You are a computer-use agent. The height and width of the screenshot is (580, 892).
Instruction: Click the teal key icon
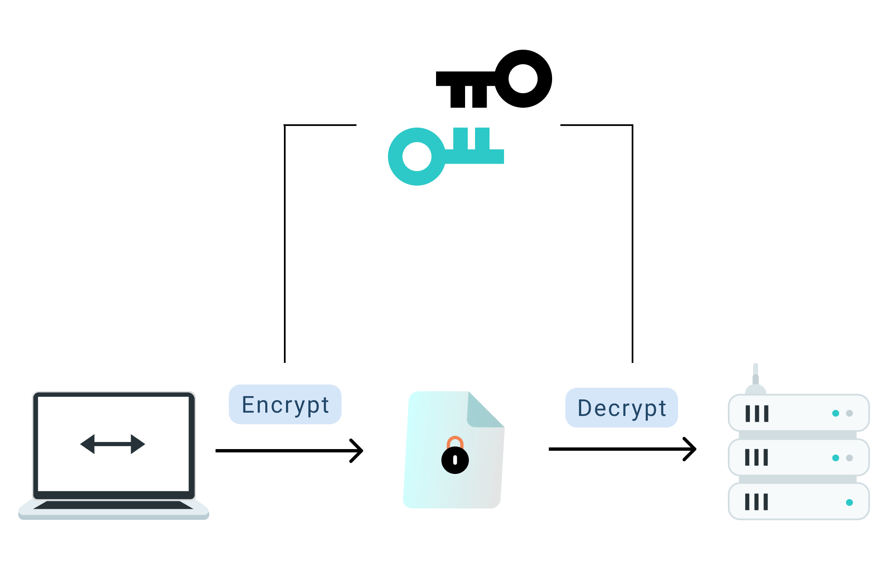pos(446,157)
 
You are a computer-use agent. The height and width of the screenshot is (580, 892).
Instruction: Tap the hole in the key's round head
pos(417,157)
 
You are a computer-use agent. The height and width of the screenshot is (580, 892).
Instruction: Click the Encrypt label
pos(285,404)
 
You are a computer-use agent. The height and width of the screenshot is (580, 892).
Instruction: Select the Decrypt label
pos(622,408)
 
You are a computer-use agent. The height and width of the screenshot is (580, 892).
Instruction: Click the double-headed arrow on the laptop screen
pos(113,444)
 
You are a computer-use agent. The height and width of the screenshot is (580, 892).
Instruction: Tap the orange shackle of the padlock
pos(455,440)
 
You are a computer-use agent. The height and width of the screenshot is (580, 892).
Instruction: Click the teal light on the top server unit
pos(836,413)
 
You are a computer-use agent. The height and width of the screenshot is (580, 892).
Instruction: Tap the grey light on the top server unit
pos(849,413)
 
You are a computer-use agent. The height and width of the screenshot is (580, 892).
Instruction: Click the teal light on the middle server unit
pos(836,458)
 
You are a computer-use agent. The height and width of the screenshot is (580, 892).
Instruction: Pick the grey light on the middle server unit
pos(849,458)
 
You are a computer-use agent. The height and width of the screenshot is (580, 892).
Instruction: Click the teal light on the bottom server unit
pos(849,503)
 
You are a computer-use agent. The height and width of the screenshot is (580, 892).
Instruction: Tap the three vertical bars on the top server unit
pos(757,413)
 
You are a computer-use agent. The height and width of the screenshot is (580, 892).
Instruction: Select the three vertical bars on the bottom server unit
pos(756,502)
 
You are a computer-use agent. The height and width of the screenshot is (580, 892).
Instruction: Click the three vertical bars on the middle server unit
pos(756,457)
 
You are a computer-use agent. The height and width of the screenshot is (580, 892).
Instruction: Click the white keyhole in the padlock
pos(455,460)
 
